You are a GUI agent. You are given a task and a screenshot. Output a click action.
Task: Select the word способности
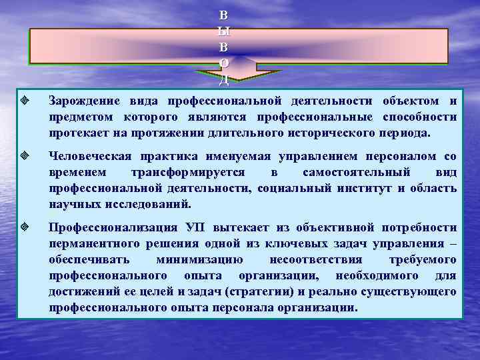click(423, 117)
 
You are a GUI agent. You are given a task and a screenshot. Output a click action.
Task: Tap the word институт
click(366, 188)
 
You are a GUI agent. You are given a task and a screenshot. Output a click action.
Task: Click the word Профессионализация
click(113, 228)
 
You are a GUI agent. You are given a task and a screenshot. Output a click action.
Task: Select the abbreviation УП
click(199, 228)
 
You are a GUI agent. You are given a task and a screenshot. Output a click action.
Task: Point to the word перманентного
click(93, 243)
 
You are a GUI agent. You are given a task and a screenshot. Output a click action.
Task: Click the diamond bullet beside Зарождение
click(23, 101)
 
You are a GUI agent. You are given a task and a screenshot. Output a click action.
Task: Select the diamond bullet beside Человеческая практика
click(23, 157)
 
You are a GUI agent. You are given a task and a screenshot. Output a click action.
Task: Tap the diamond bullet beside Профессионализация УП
click(23, 228)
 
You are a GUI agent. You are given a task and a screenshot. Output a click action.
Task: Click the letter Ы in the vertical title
click(224, 31)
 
